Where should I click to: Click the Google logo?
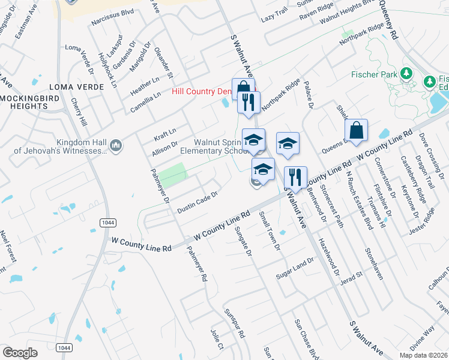[20, 353]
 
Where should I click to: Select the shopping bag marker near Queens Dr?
[356, 130]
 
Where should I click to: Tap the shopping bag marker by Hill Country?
[243, 88]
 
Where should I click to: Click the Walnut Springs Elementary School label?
[215, 146]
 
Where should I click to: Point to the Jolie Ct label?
[217, 338]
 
